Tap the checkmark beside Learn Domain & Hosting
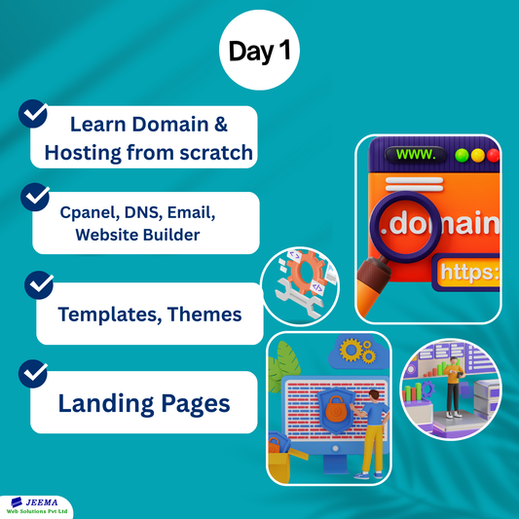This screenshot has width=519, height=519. click(34, 115)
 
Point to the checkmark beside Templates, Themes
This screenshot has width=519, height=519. click(39, 284)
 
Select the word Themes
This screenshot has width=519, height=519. click(204, 314)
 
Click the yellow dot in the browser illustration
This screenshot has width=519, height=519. click(478, 155)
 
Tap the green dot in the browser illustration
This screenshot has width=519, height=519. click(462, 155)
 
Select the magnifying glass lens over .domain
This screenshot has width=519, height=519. click(411, 224)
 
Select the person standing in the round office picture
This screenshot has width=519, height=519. click(452, 385)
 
